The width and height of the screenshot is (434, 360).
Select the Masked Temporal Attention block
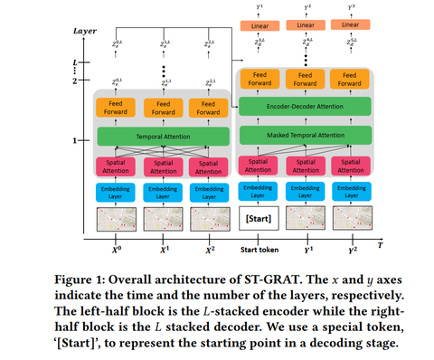[x=304, y=135]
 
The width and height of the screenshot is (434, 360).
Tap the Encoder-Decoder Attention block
[x=304, y=107]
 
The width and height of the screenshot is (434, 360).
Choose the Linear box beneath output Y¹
[x=259, y=24]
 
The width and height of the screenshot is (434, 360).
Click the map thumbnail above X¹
[x=163, y=219]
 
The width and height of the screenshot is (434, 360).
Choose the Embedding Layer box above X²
[x=210, y=192]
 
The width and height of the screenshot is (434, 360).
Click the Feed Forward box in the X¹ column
[x=163, y=107]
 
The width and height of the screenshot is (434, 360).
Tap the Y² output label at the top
[x=307, y=7]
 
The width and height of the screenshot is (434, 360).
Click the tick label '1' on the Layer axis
[x=75, y=140]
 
